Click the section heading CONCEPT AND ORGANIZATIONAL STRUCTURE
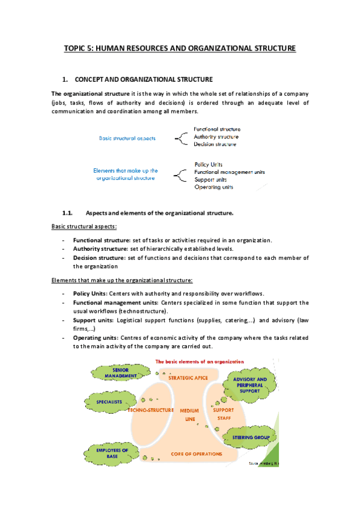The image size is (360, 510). point(144,80)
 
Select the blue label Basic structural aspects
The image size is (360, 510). point(127,138)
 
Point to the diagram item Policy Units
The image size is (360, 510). point(209,164)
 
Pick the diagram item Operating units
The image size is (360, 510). point(213,187)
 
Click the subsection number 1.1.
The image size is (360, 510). point(67,213)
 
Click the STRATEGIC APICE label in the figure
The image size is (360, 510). point(188,378)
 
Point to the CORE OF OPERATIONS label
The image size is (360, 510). point(195,453)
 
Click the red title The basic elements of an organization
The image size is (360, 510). point(200,361)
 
